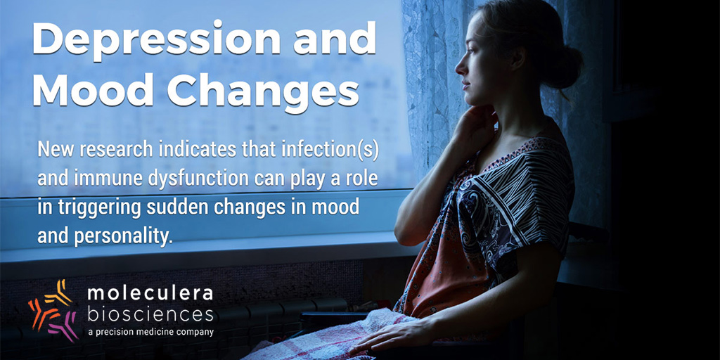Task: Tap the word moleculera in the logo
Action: click(150, 294)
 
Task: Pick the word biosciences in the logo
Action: click(150, 314)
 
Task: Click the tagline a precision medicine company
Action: click(150, 332)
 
